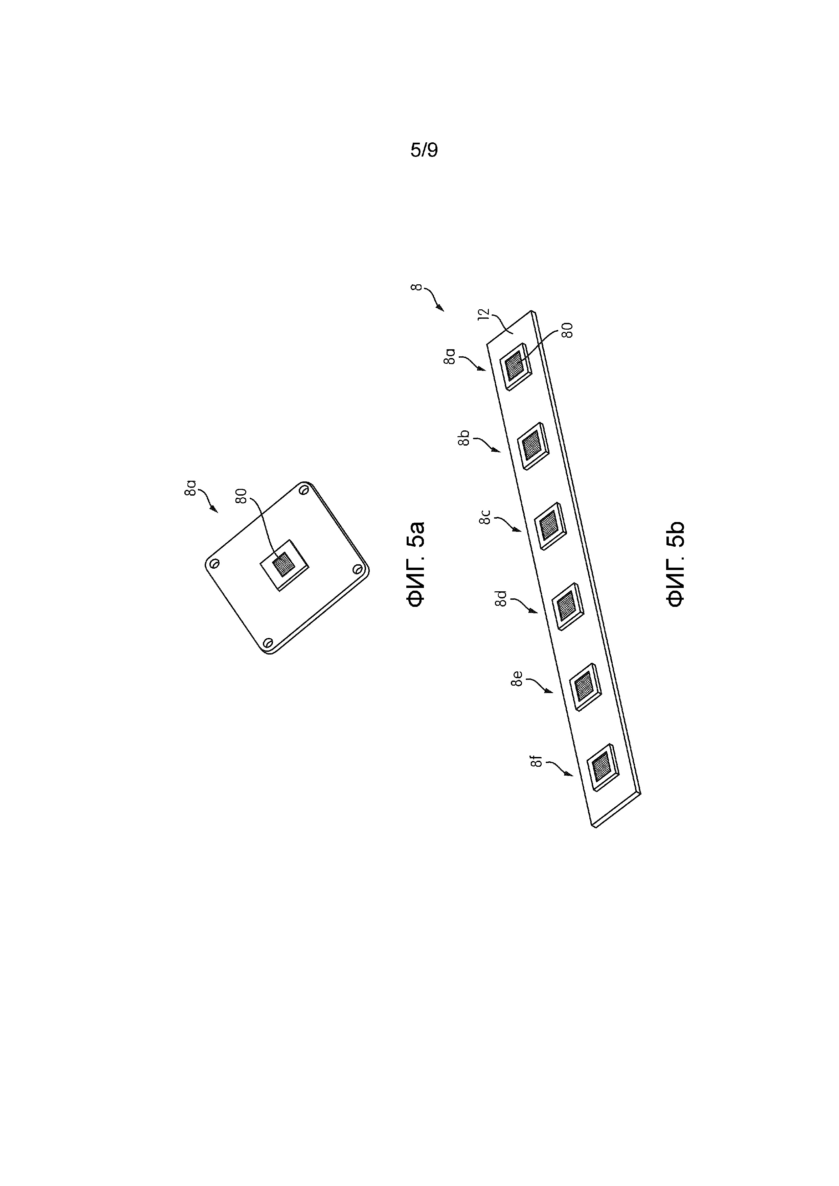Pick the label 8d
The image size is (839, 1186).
[x=501, y=599]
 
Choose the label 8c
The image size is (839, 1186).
[x=484, y=517]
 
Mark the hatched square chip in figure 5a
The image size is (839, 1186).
[x=284, y=565]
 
